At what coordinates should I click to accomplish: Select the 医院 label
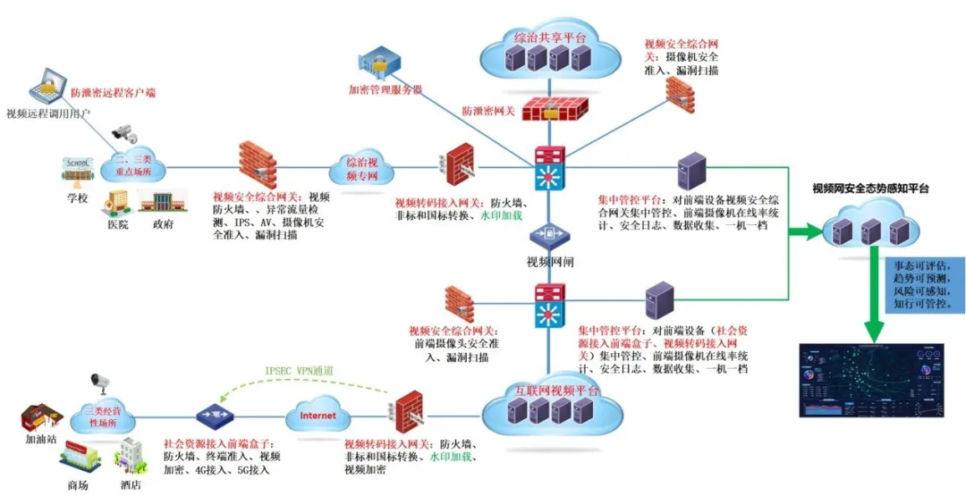pyautogui.click(x=117, y=224)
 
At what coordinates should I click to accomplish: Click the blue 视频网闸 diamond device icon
pyautogui.click(x=547, y=236)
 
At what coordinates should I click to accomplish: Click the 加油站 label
pyautogui.click(x=39, y=440)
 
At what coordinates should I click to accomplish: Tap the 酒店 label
pyautogui.click(x=131, y=484)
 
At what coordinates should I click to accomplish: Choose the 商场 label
pyautogui.click(x=78, y=484)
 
